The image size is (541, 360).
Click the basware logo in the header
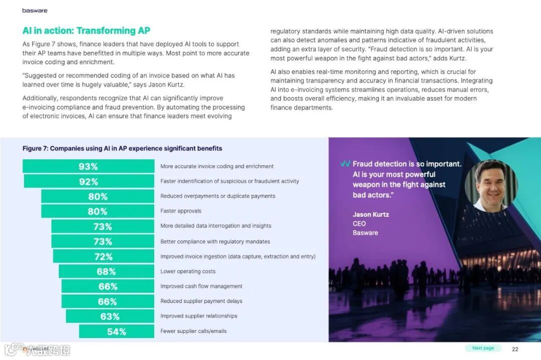coord(35,11)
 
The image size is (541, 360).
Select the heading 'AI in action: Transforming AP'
coord(86,31)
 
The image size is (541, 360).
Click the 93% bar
coord(88,166)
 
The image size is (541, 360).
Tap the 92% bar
coord(89,181)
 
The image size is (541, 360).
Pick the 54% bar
coord(116,331)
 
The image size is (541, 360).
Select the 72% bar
coord(103,256)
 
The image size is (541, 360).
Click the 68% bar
coord(106,271)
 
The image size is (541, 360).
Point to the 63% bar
coord(110,316)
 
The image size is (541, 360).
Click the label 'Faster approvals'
coord(181,211)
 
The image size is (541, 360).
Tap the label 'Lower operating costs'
coord(188,271)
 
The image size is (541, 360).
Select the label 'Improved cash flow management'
coord(201,286)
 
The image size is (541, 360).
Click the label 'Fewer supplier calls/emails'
coord(193,331)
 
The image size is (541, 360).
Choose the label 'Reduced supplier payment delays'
coord(201,301)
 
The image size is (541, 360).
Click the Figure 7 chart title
coord(122,149)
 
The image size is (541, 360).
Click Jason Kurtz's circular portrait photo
coord(491,186)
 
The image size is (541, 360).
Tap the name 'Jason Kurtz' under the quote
coord(371,215)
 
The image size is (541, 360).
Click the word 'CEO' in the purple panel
coord(359,224)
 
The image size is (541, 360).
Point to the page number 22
coord(515,349)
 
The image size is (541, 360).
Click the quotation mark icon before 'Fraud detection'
coord(345,164)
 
